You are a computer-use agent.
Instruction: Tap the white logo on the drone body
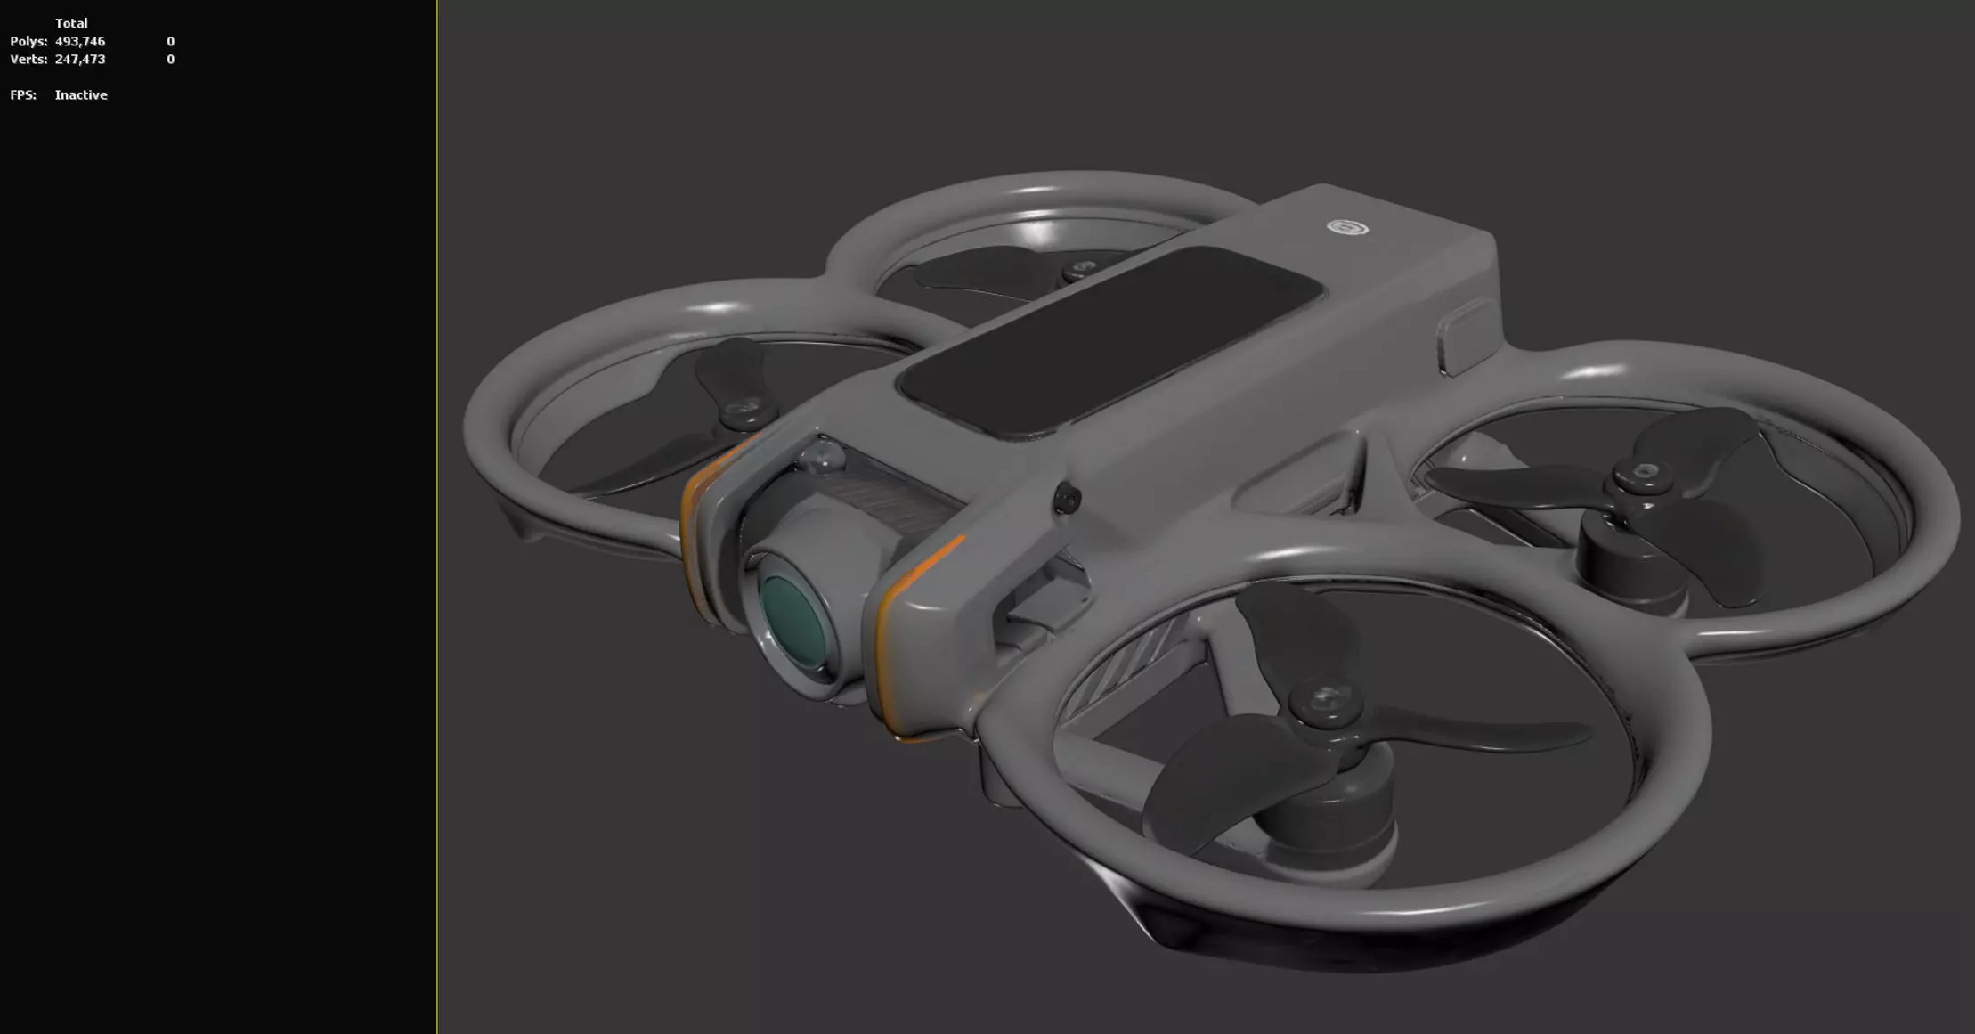(1347, 228)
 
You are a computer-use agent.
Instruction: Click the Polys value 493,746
(80, 42)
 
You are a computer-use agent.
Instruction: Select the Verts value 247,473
(80, 60)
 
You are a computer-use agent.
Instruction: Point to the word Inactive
(81, 95)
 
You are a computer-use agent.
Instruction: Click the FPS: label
(23, 95)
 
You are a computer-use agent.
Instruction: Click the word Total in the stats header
(71, 23)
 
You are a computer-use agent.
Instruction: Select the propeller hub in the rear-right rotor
(1643, 476)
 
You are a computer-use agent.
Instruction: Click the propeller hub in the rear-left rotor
(1083, 270)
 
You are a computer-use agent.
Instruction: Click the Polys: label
(28, 42)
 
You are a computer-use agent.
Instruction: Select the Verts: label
(28, 60)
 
